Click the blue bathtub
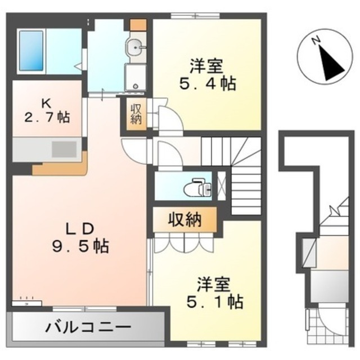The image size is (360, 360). point(31,51)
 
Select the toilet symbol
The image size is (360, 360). point(197,188)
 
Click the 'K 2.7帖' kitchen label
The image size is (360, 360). point(47,111)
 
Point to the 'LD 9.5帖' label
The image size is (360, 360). point(80,238)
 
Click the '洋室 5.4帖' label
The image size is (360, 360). point(208,75)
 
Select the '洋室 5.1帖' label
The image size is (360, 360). point(214,292)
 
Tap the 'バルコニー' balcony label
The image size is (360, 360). point(88,327)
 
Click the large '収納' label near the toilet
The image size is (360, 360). point(185,219)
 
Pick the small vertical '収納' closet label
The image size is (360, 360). point(136,114)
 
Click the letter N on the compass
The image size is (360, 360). point(316,40)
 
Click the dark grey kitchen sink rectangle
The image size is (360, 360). point(64,150)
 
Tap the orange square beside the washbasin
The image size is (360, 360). point(138,25)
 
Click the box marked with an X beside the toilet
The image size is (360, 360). point(222,186)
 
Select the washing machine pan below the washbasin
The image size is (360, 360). point(135,78)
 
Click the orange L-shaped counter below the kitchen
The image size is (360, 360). point(60,166)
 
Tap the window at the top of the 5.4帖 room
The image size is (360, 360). point(195,16)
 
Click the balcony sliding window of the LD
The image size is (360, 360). point(85,309)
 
